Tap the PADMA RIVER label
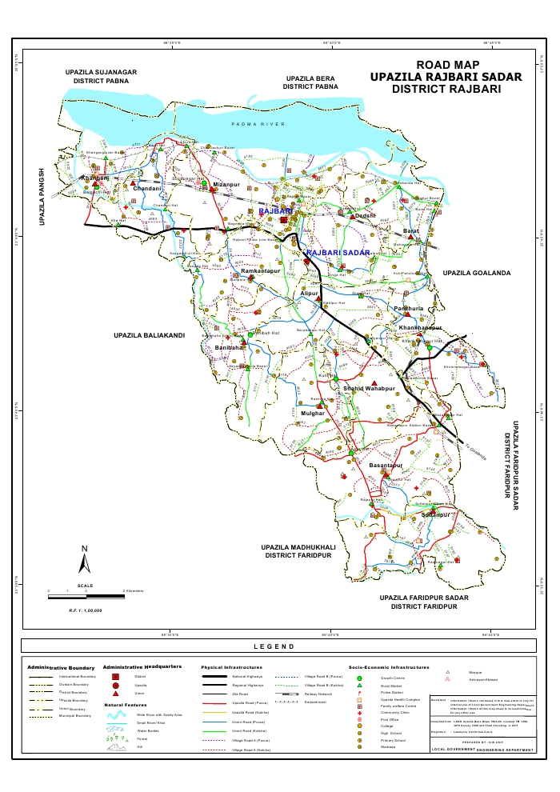258,125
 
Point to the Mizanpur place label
226,185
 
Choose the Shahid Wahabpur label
369,388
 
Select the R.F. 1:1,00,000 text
86,610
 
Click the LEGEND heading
274,646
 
